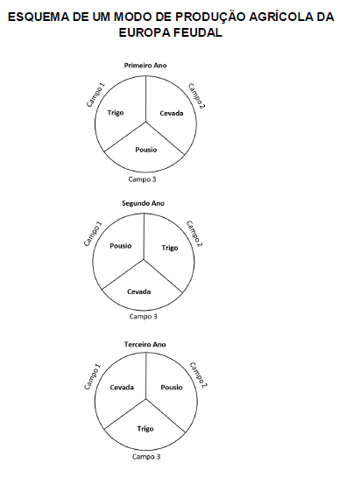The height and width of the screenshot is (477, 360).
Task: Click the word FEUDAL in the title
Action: click(195, 32)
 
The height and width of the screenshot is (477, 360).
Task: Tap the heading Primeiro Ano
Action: click(145, 66)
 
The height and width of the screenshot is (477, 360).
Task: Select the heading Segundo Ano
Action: click(143, 203)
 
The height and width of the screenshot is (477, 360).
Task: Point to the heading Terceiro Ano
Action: click(145, 344)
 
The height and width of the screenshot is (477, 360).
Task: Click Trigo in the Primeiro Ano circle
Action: click(116, 113)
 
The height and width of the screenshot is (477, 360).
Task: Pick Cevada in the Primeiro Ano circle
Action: click(172, 113)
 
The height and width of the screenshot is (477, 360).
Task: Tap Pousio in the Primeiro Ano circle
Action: click(146, 150)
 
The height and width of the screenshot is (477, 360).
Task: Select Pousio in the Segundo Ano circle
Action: click(121, 246)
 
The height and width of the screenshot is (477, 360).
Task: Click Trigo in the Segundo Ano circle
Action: click(170, 248)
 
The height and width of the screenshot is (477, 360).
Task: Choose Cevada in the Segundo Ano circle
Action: click(139, 291)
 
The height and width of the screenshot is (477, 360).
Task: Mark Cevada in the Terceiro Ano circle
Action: click(122, 387)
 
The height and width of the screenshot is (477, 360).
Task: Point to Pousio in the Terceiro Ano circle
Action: click(172, 387)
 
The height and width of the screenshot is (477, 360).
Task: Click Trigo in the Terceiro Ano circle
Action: click(145, 429)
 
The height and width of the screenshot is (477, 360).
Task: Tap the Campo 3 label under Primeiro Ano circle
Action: click(142, 179)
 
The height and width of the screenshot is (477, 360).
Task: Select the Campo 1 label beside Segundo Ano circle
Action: click(93, 234)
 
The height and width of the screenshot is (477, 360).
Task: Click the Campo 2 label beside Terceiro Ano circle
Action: click(198, 375)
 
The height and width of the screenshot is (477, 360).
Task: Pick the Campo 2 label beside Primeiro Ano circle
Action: click(196, 95)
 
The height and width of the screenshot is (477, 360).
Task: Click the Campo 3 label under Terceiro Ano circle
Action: click(146, 457)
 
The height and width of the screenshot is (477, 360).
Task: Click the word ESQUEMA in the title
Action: click(39, 17)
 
